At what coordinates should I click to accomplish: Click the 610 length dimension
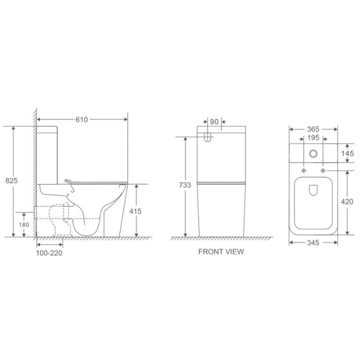[x=82, y=119]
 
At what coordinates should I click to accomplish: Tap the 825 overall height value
[x=11, y=181]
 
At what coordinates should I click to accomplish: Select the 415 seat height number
[x=135, y=211]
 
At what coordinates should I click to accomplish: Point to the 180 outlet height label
[x=24, y=225]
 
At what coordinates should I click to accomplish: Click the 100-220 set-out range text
[x=49, y=253]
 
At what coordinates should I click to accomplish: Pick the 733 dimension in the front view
[x=185, y=185]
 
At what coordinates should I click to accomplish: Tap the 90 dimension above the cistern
[x=214, y=122]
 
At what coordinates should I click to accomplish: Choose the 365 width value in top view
[x=313, y=130]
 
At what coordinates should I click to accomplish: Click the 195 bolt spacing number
[x=313, y=138]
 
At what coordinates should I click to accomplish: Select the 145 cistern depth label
[x=347, y=154]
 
